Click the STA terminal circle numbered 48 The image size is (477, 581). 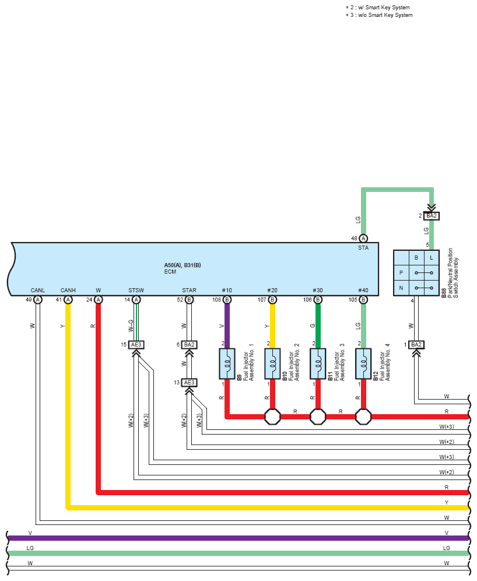pyautogui.click(x=363, y=238)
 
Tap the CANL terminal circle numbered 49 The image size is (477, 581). pyautogui.click(x=38, y=299)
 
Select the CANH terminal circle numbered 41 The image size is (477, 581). pyautogui.click(x=68, y=299)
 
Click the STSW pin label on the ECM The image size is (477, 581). pyautogui.click(x=136, y=290)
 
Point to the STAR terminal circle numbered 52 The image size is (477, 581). pyautogui.click(x=189, y=299)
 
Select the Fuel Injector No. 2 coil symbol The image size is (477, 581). pyautogui.click(x=272, y=363)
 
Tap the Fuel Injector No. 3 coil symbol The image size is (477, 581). pyautogui.click(x=318, y=363)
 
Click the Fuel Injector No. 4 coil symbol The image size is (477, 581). pyautogui.click(x=363, y=363)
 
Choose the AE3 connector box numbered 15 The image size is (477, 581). pyautogui.click(x=136, y=345)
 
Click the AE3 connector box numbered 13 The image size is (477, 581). pyautogui.click(x=189, y=383)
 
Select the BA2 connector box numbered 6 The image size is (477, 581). pyautogui.click(x=189, y=345)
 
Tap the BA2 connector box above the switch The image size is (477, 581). pyautogui.click(x=432, y=216)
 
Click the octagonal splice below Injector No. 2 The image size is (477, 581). pyautogui.click(x=272, y=416)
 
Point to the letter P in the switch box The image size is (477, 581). pyautogui.click(x=401, y=272)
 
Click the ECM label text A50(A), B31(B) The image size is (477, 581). pyautogui.click(x=183, y=265)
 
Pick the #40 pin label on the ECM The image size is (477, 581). pyautogui.click(x=363, y=290)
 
